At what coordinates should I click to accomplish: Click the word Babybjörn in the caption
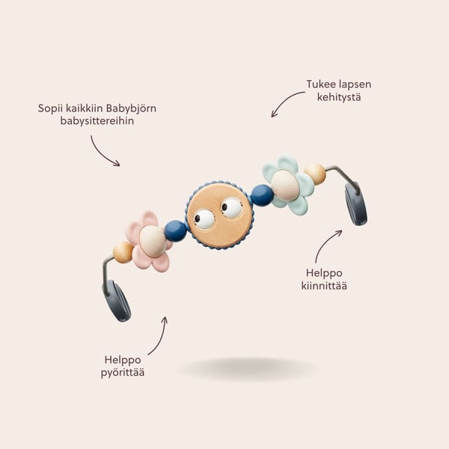131,109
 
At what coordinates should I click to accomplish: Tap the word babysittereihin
97,120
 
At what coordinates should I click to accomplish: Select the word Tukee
321,84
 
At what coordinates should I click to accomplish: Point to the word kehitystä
339,97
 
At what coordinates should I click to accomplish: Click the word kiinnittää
324,286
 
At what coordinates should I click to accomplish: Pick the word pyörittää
123,373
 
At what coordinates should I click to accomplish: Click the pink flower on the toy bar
148,242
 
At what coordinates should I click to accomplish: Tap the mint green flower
288,185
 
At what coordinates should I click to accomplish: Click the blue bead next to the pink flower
176,230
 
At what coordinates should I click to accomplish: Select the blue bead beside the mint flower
262,195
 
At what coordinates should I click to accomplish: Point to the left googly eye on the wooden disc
204,219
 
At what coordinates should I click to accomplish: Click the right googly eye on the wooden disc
232,207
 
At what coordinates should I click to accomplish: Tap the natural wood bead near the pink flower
123,251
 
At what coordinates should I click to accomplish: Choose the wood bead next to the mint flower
315,174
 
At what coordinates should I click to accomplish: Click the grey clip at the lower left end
117,301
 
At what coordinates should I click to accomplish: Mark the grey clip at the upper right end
356,204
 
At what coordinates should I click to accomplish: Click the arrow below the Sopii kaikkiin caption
102,153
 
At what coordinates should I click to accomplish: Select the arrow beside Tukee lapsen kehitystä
285,101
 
